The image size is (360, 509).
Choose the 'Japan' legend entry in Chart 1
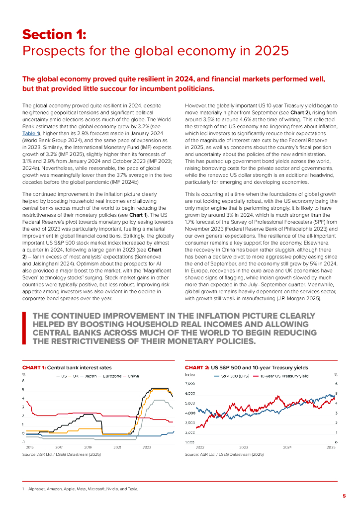[x=90, y=376]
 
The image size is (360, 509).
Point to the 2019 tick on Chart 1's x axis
[x=88, y=448]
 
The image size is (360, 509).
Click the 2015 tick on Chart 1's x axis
[x=29, y=448]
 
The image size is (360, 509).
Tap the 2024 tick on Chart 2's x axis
[x=287, y=448]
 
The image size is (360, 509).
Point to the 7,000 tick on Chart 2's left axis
[x=190, y=384]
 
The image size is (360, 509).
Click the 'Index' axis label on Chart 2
[x=190, y=374]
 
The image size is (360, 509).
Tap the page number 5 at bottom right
[x=344, y=496]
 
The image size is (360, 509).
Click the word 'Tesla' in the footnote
[x=133, y=489]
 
